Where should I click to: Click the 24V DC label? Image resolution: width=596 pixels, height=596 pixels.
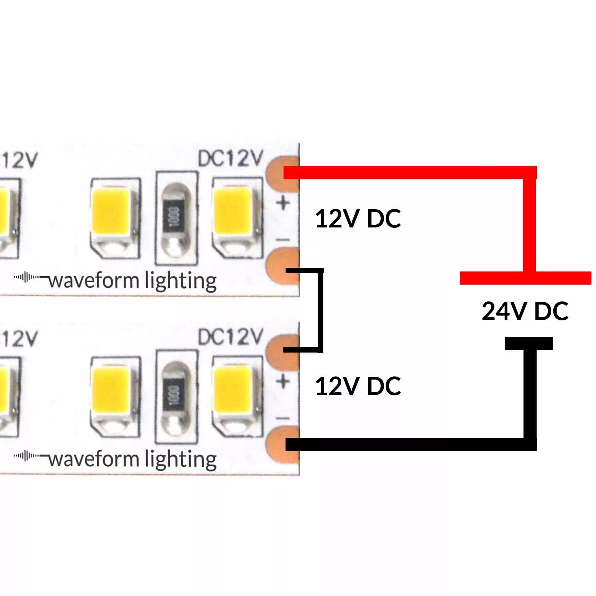pyautogui.click(x=525, y=311)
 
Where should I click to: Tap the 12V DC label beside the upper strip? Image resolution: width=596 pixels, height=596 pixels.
pyautogui.click(x=358, y=219)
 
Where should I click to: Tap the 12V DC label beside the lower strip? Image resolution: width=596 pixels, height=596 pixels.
pyautogui.click(x=358, y=386)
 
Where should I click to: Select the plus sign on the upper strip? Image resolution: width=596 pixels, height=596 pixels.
pyautogui.click(x=283, y=203)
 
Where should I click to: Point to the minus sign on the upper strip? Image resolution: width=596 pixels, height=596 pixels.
pyautogui.click(x=283, y=240)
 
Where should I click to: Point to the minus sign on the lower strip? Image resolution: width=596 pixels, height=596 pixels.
pyautogui.click(x=283, y=418)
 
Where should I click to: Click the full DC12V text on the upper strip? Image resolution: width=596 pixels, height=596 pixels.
pyautogui.click(x=231, y=159)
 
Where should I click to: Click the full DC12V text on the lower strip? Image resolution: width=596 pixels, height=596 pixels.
pyautogui.click(x=231, y=337)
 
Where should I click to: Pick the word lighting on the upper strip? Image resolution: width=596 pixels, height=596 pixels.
pyautogui.click(x=181, y=281)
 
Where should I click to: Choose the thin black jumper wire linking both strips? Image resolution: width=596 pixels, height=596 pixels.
pyautogui.click(x=321, y=310)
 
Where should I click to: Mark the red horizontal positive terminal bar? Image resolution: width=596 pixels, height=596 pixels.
pyautogui.click(x=525, y=278)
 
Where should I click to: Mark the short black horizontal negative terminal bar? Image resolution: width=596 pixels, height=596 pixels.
pyautogui.click(x=529, y=343)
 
